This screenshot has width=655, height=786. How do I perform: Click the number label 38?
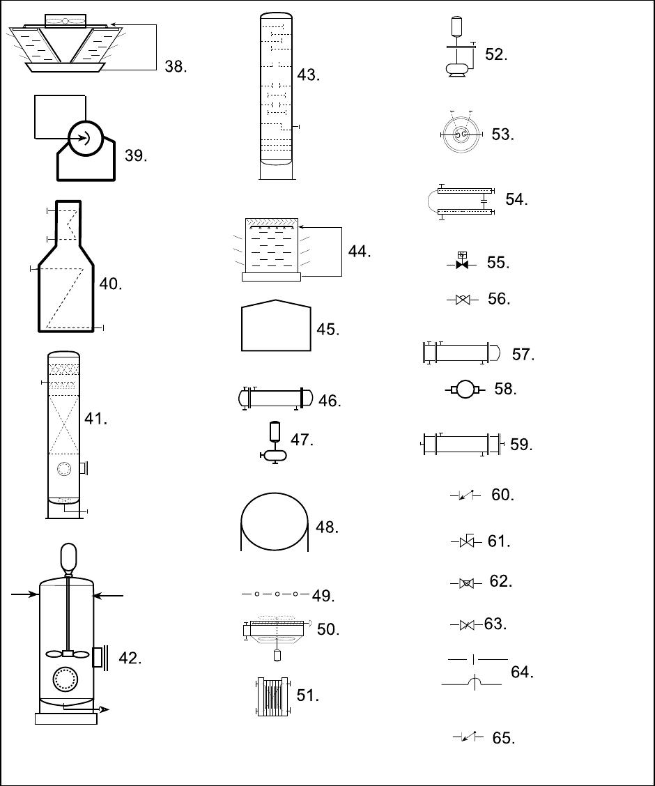point(176,66)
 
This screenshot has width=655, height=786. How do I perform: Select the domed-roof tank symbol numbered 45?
point(276,325)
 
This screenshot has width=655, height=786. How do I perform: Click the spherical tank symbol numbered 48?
point(275,522)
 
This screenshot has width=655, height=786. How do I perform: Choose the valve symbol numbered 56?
point(463,300)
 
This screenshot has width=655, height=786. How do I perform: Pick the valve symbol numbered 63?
point(467,625)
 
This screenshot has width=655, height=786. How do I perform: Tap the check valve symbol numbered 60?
point(465,495)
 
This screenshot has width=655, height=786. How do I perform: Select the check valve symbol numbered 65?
point(468,737)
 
